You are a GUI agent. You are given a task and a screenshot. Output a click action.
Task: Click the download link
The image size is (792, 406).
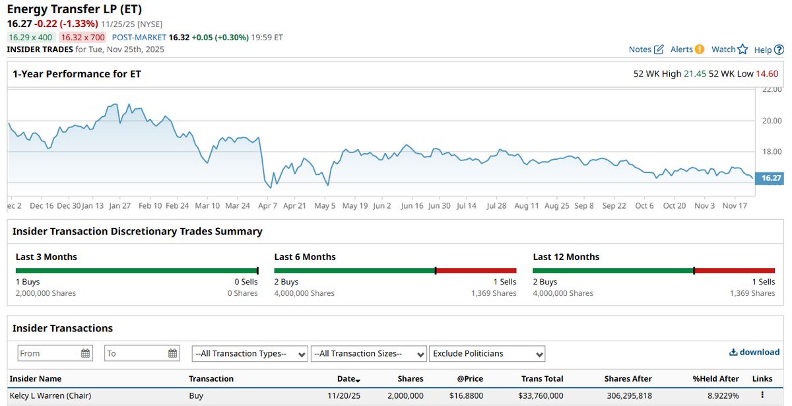(x=754, y=353)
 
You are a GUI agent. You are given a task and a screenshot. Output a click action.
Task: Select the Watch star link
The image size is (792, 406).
(x=729, y=50)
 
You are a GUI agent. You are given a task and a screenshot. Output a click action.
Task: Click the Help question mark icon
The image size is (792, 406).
(x=779, y=50)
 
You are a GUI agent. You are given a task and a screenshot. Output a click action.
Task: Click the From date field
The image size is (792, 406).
(x=55, y=353)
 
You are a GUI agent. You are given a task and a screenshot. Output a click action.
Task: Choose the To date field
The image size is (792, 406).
(x=142, y=353)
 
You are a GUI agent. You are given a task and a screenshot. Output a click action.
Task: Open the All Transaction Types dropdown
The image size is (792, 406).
(x=249, y=353)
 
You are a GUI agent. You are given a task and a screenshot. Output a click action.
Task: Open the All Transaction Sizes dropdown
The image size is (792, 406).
(x=368, y=353)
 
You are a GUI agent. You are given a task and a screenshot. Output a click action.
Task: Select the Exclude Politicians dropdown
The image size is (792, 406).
(x=487, y=353)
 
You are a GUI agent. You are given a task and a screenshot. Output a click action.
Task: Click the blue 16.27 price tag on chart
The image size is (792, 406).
(x=770, y=178)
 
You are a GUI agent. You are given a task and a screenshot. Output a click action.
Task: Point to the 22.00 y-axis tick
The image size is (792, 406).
(x=771, y=90)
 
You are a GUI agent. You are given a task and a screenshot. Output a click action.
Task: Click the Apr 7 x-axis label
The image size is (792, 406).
(x=268, y=206)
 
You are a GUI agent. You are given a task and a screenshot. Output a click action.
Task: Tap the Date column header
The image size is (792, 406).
(x=348, y=379)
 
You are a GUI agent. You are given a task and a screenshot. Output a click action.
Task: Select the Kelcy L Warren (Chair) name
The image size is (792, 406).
(x=50, y=395)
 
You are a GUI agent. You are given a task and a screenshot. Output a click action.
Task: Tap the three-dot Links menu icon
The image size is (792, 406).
(x=762, y=395)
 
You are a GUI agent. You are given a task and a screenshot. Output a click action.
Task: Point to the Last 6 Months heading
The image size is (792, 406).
(x=305, y=257)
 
